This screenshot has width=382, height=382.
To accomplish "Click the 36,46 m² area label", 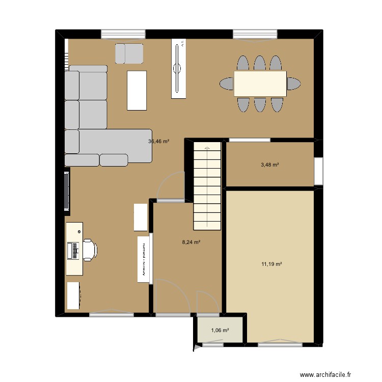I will point(158,142).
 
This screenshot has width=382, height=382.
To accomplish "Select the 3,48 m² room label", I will point(270,165).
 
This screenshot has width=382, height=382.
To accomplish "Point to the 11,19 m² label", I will point(272,264).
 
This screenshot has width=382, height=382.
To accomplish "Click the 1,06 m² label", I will point(220,330).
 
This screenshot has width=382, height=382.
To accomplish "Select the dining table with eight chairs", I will point(260,83).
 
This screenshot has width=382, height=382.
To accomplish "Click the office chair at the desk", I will point(89,249).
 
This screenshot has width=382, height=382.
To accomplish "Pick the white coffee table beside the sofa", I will point(137,90).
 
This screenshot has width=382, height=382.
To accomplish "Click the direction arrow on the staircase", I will point(207,147).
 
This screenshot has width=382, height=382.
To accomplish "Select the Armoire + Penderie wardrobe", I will point(144,259).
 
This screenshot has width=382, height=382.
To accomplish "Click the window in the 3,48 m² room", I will point(318,171).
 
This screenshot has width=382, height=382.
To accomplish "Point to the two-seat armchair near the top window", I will point(129,53).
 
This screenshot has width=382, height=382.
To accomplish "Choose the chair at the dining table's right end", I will point(293,83).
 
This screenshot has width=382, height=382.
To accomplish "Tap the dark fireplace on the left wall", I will point(66,191).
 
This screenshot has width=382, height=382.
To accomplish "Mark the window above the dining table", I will point(255,34).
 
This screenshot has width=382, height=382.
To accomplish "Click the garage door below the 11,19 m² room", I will point(279,344).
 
